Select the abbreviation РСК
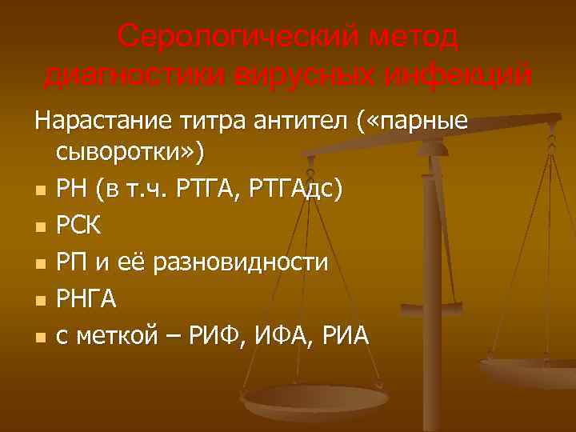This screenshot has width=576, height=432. click(x=79, y=226)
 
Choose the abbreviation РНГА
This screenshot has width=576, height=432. click(x=87, y=300)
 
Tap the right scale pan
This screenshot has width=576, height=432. click(x=532, y=370)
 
